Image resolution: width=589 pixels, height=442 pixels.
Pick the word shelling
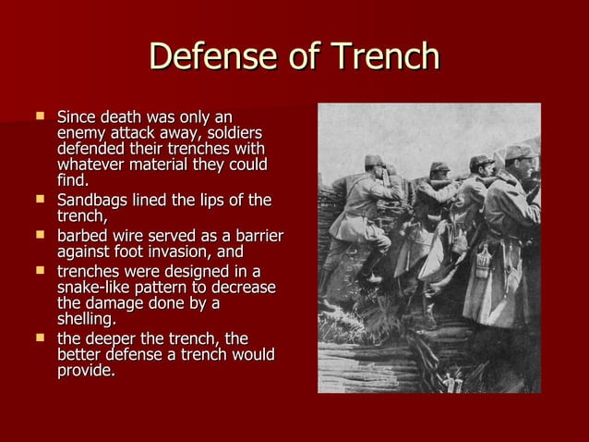coord(86,319)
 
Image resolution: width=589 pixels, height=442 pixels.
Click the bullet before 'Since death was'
coord(40,118)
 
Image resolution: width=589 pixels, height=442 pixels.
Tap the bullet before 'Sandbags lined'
coord(40,200)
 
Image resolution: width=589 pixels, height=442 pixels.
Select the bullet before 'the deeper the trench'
coord(40,338)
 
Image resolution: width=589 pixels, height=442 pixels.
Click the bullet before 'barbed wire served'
coord(40,235)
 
